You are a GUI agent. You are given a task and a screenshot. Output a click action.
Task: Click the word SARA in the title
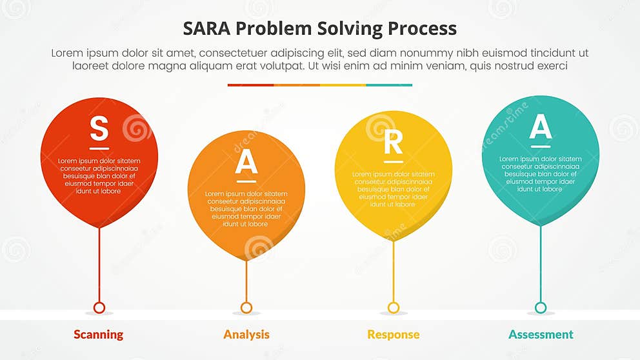[206, 29]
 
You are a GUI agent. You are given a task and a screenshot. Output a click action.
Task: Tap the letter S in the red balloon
[99, 128]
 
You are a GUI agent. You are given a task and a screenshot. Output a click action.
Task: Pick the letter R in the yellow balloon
[393, 143]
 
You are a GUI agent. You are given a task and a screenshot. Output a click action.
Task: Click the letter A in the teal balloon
[540, 127]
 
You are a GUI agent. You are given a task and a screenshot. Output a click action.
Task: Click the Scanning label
[98, 334]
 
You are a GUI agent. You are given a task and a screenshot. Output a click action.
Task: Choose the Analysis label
[246, 334]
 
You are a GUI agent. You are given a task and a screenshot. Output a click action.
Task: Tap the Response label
[393, 334]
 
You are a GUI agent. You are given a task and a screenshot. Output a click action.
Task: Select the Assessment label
[541, 334]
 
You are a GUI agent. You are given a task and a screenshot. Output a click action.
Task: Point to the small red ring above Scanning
[99, 308]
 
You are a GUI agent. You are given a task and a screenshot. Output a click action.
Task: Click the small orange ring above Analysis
[246, 308]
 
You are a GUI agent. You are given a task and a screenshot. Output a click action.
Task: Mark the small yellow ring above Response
[394, 308]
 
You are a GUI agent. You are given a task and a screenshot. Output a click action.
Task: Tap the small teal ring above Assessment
[541, 308]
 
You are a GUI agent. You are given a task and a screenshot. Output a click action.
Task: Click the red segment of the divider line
[250, 85]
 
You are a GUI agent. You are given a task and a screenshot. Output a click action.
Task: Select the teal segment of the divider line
[389, 85]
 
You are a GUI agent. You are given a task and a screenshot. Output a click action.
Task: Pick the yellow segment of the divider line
[343, 85]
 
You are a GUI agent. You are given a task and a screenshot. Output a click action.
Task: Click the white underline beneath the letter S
[99, 148]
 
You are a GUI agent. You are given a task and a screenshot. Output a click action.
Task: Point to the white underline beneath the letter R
[393, 162]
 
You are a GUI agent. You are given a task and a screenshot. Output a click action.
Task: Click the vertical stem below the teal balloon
[541, 265]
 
